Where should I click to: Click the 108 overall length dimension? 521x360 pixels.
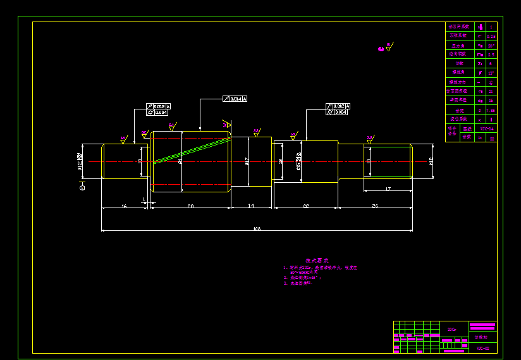point(256,228)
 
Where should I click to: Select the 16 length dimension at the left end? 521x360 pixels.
point(124,206)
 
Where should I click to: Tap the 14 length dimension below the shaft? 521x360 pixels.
point(251,206)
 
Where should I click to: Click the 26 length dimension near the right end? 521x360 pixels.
point(374,206)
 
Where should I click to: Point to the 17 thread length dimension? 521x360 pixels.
point(388,189)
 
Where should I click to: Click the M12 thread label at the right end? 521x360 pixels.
point(431,161)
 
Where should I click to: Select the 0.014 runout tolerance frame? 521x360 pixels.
point(235,99)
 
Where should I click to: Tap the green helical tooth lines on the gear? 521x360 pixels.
point(190,151)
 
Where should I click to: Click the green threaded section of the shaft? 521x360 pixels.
point(389,161)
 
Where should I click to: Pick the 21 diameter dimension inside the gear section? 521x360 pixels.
point(180,161)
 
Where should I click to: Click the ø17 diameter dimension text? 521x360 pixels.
point(247,161)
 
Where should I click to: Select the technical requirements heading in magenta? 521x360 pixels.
point(317,261)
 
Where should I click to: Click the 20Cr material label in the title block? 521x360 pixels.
point(451,329)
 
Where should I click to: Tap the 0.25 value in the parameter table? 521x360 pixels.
point(491,36)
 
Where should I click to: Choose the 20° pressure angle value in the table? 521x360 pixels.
point(491,46)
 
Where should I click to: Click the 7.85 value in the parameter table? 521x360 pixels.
point(491,110)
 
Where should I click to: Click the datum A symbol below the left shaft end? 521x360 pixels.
point(82,186)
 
